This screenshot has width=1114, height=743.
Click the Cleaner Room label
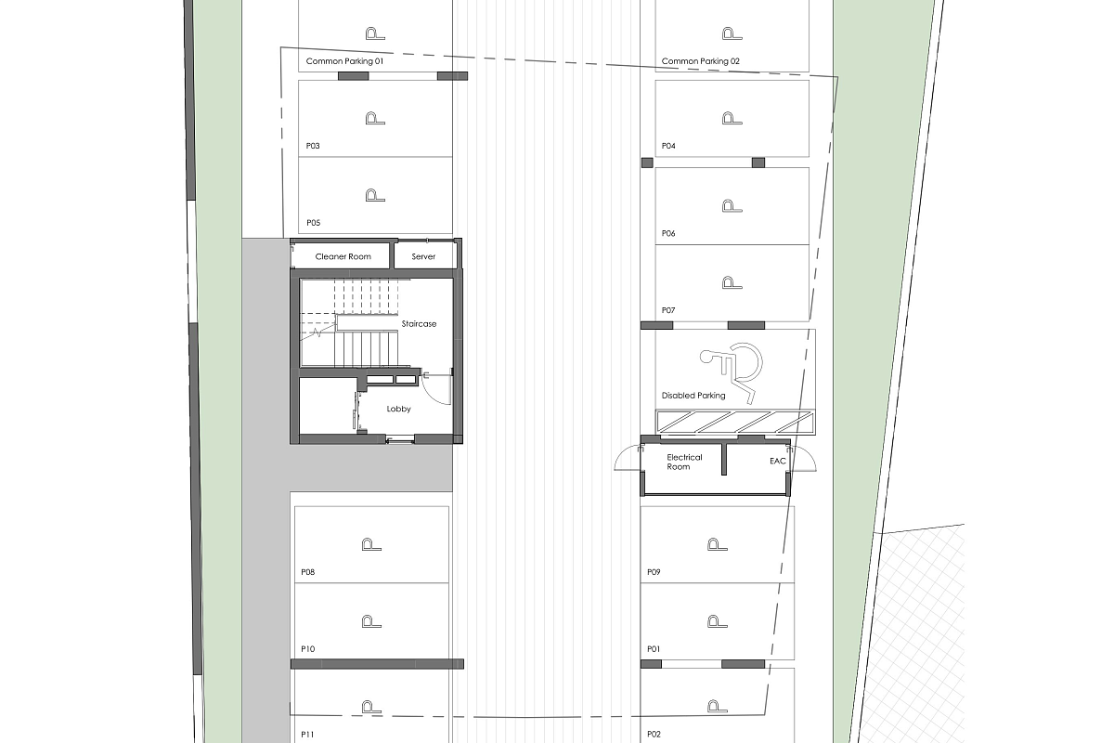(343, 256)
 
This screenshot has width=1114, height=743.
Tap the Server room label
(423, 256)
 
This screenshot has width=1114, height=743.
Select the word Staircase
(419, 324)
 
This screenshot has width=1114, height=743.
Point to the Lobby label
(398, 409)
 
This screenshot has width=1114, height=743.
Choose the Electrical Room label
(684, 462)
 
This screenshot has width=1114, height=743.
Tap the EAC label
(777, 462)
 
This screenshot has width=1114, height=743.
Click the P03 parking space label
(313, 146)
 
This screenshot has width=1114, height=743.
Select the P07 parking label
(668, 310)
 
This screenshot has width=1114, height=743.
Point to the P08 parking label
(308, 572)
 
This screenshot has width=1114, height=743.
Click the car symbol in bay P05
(375, 195)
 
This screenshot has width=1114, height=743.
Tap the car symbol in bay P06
(732, 206)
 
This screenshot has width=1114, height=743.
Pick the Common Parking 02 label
(700, 61)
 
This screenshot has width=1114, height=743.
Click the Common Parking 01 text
(344, 61)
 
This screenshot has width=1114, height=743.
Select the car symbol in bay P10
(371, 621)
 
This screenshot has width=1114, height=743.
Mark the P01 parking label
(654, 649)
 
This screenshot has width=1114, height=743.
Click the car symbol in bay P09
(717, 544)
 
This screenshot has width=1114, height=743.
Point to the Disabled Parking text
(693, 396)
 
